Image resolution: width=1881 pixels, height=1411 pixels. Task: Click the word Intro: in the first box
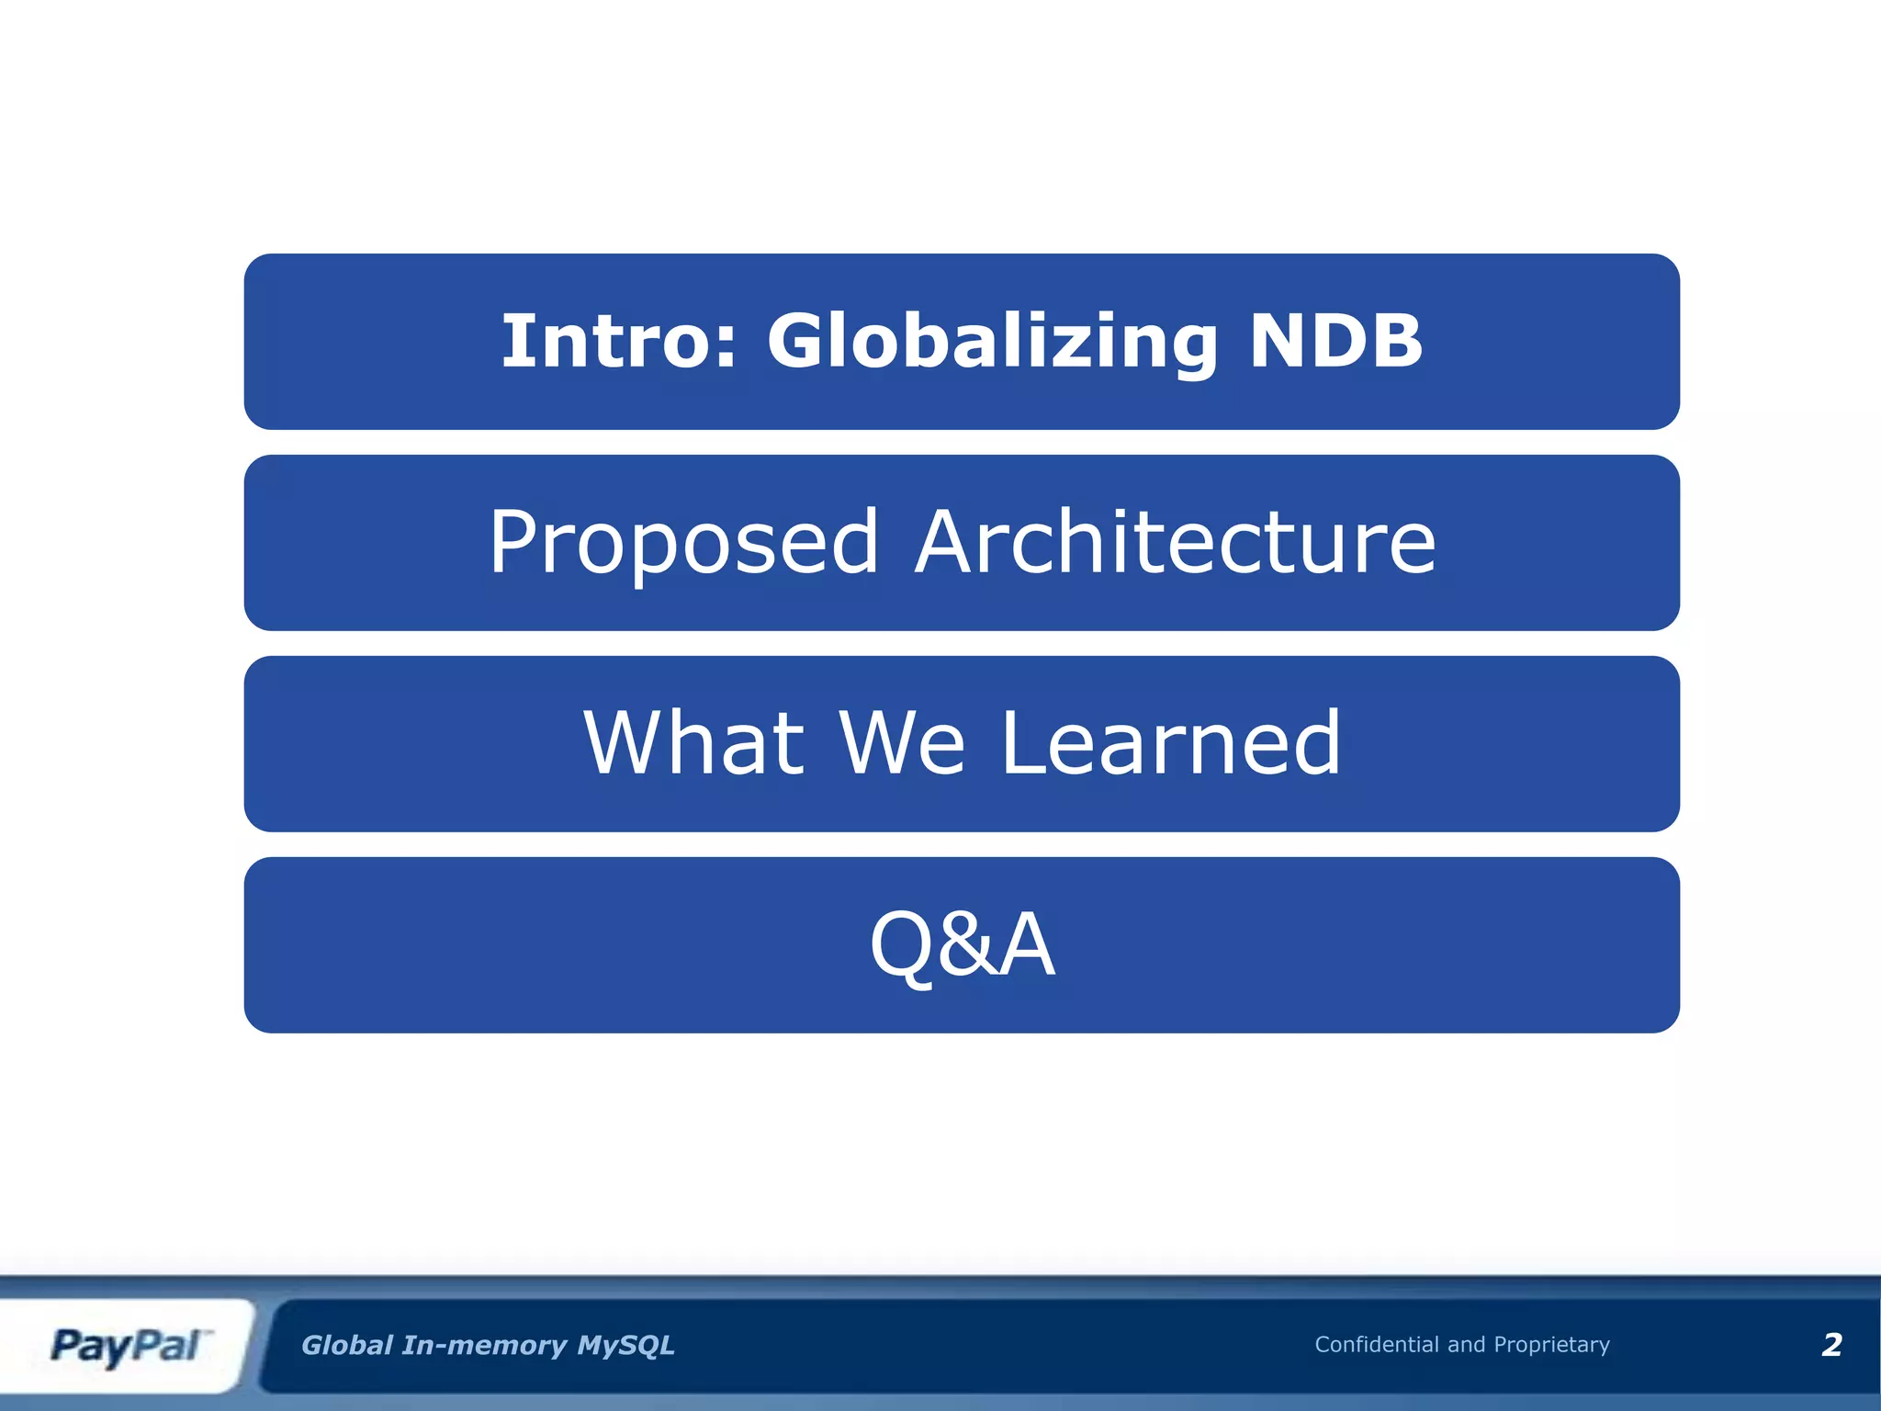[618, 341]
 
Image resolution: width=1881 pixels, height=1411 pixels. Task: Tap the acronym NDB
[1335, 341]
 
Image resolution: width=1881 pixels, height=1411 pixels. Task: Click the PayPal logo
[126, 1346]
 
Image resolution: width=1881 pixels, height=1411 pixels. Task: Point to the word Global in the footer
[347, 1345]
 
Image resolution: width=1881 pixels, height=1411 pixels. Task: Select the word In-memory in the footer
[485, 1345]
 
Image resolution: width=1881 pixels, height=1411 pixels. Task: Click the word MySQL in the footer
[625, 1345]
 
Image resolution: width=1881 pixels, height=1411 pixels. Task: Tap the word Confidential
[1376, 1344]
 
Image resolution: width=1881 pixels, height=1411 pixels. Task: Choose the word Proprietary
[1551, 1345]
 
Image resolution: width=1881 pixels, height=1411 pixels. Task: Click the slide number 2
[1831, 1345]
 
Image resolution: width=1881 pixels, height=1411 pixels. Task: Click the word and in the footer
[1466, 1344]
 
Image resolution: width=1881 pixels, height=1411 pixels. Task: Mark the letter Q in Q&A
[903, 945]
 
